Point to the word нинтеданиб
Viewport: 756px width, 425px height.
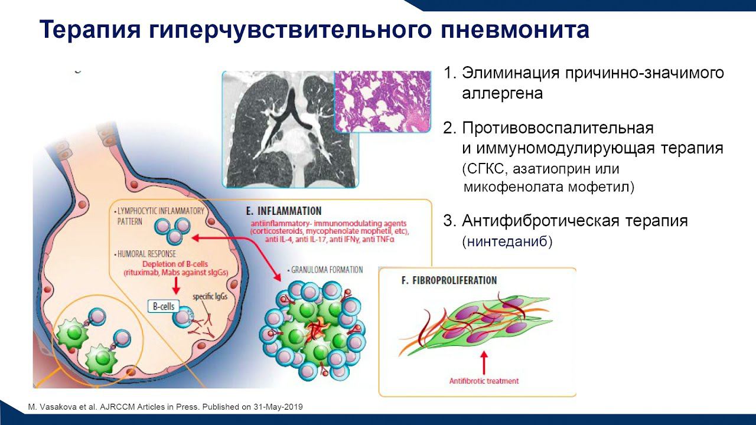click(x=508, y=241)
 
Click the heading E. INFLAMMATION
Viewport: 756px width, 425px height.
click(x=283, y=211)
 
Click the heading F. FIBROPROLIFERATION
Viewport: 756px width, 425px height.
click(x=449, y=280)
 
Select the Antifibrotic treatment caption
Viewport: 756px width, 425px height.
click(x=484, y=381)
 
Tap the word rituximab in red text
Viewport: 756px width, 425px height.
click(x=142, y=273)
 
